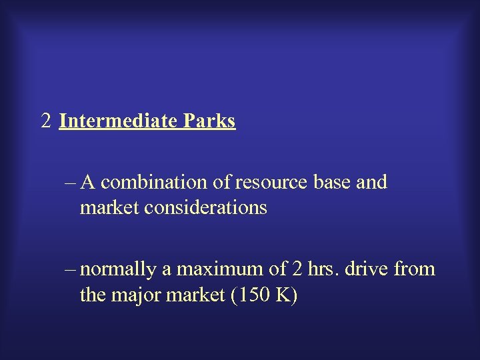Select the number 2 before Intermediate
46,121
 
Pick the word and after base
371,182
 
